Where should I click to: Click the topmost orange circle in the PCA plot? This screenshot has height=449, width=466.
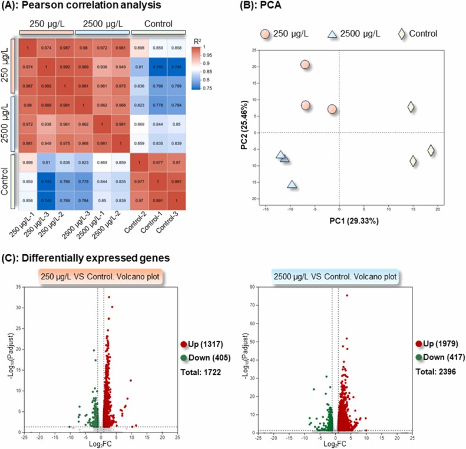tap(305, 65)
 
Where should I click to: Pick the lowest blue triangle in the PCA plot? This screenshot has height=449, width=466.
tap(292, 184)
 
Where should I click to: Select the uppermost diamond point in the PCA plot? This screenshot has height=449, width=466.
tap(411, 107)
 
